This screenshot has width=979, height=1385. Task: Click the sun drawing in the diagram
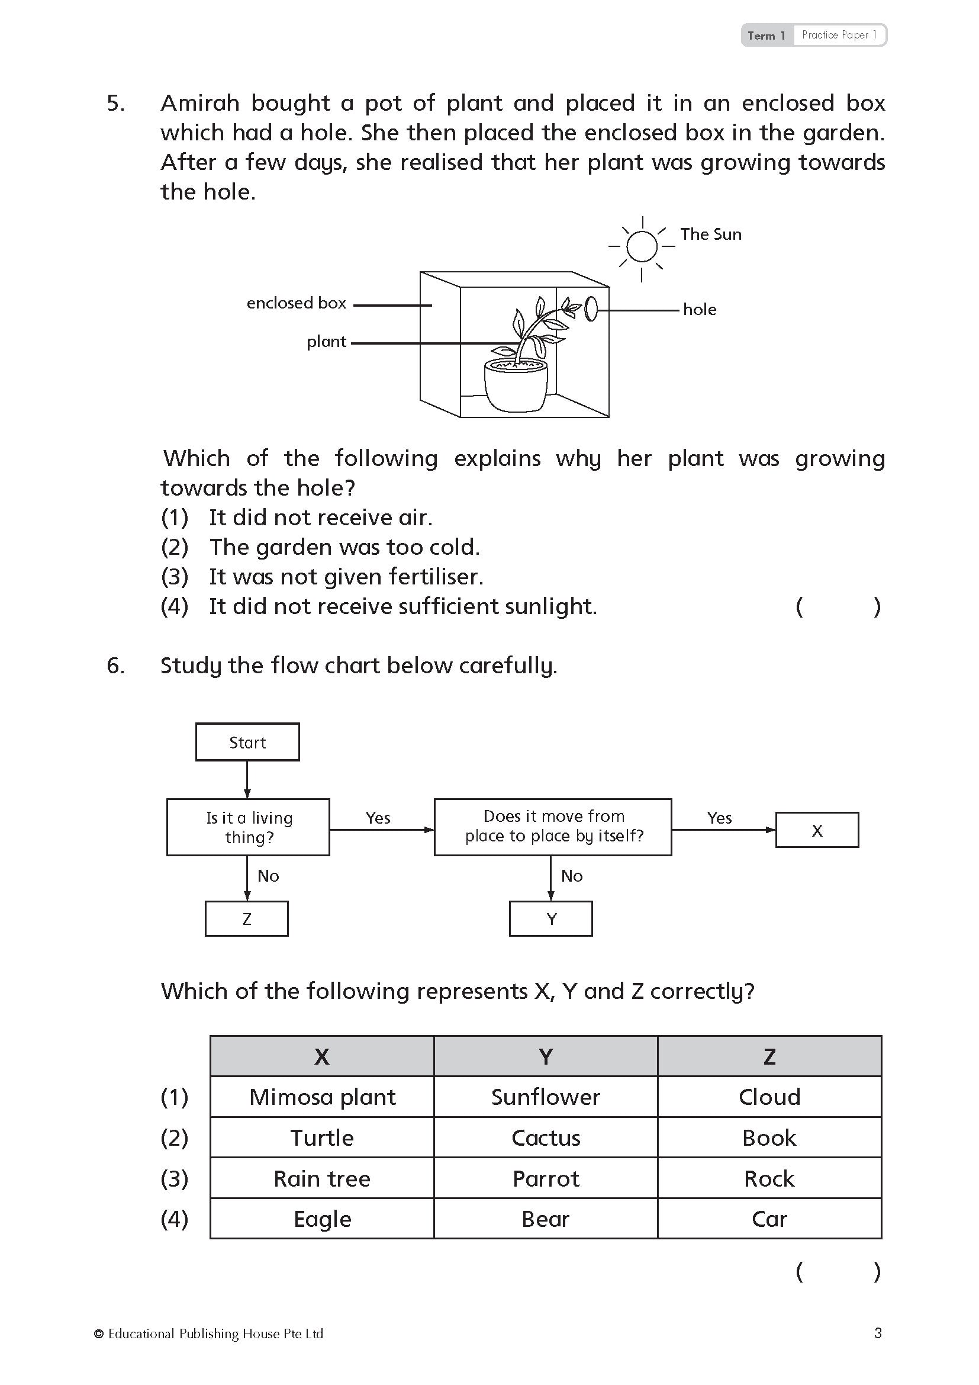tap(642, 247)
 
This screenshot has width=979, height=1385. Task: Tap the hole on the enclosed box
tap(591, 309)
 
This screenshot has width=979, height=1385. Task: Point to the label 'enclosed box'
tap(296, 303)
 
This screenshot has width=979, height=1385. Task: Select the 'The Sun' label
tap(711, 234)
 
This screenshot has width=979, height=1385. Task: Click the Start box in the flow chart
tap(247, 742)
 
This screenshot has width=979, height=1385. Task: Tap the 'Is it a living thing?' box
tap(249, 827)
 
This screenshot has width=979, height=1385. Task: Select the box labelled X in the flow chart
tap(817, 830)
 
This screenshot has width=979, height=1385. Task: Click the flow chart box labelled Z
tap(247, 919)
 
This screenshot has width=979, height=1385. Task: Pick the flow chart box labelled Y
tap(551, 919)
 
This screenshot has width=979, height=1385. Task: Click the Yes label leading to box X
tap(719, 817)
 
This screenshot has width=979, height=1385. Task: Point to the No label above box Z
tap(268, 876)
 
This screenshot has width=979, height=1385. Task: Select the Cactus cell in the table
tap(546, 1137)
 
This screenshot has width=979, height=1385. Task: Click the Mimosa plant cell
tap(323, 1097)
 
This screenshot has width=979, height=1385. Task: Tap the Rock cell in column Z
tap(769, 1178)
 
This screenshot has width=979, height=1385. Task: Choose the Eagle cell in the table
tap(323, 1219)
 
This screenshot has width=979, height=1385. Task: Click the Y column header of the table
tap(546, 1056)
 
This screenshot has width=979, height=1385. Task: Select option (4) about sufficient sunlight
tap(402, 606)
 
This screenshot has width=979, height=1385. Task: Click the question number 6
tap(116, 666)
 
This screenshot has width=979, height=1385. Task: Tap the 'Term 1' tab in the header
tap(766, 36)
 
